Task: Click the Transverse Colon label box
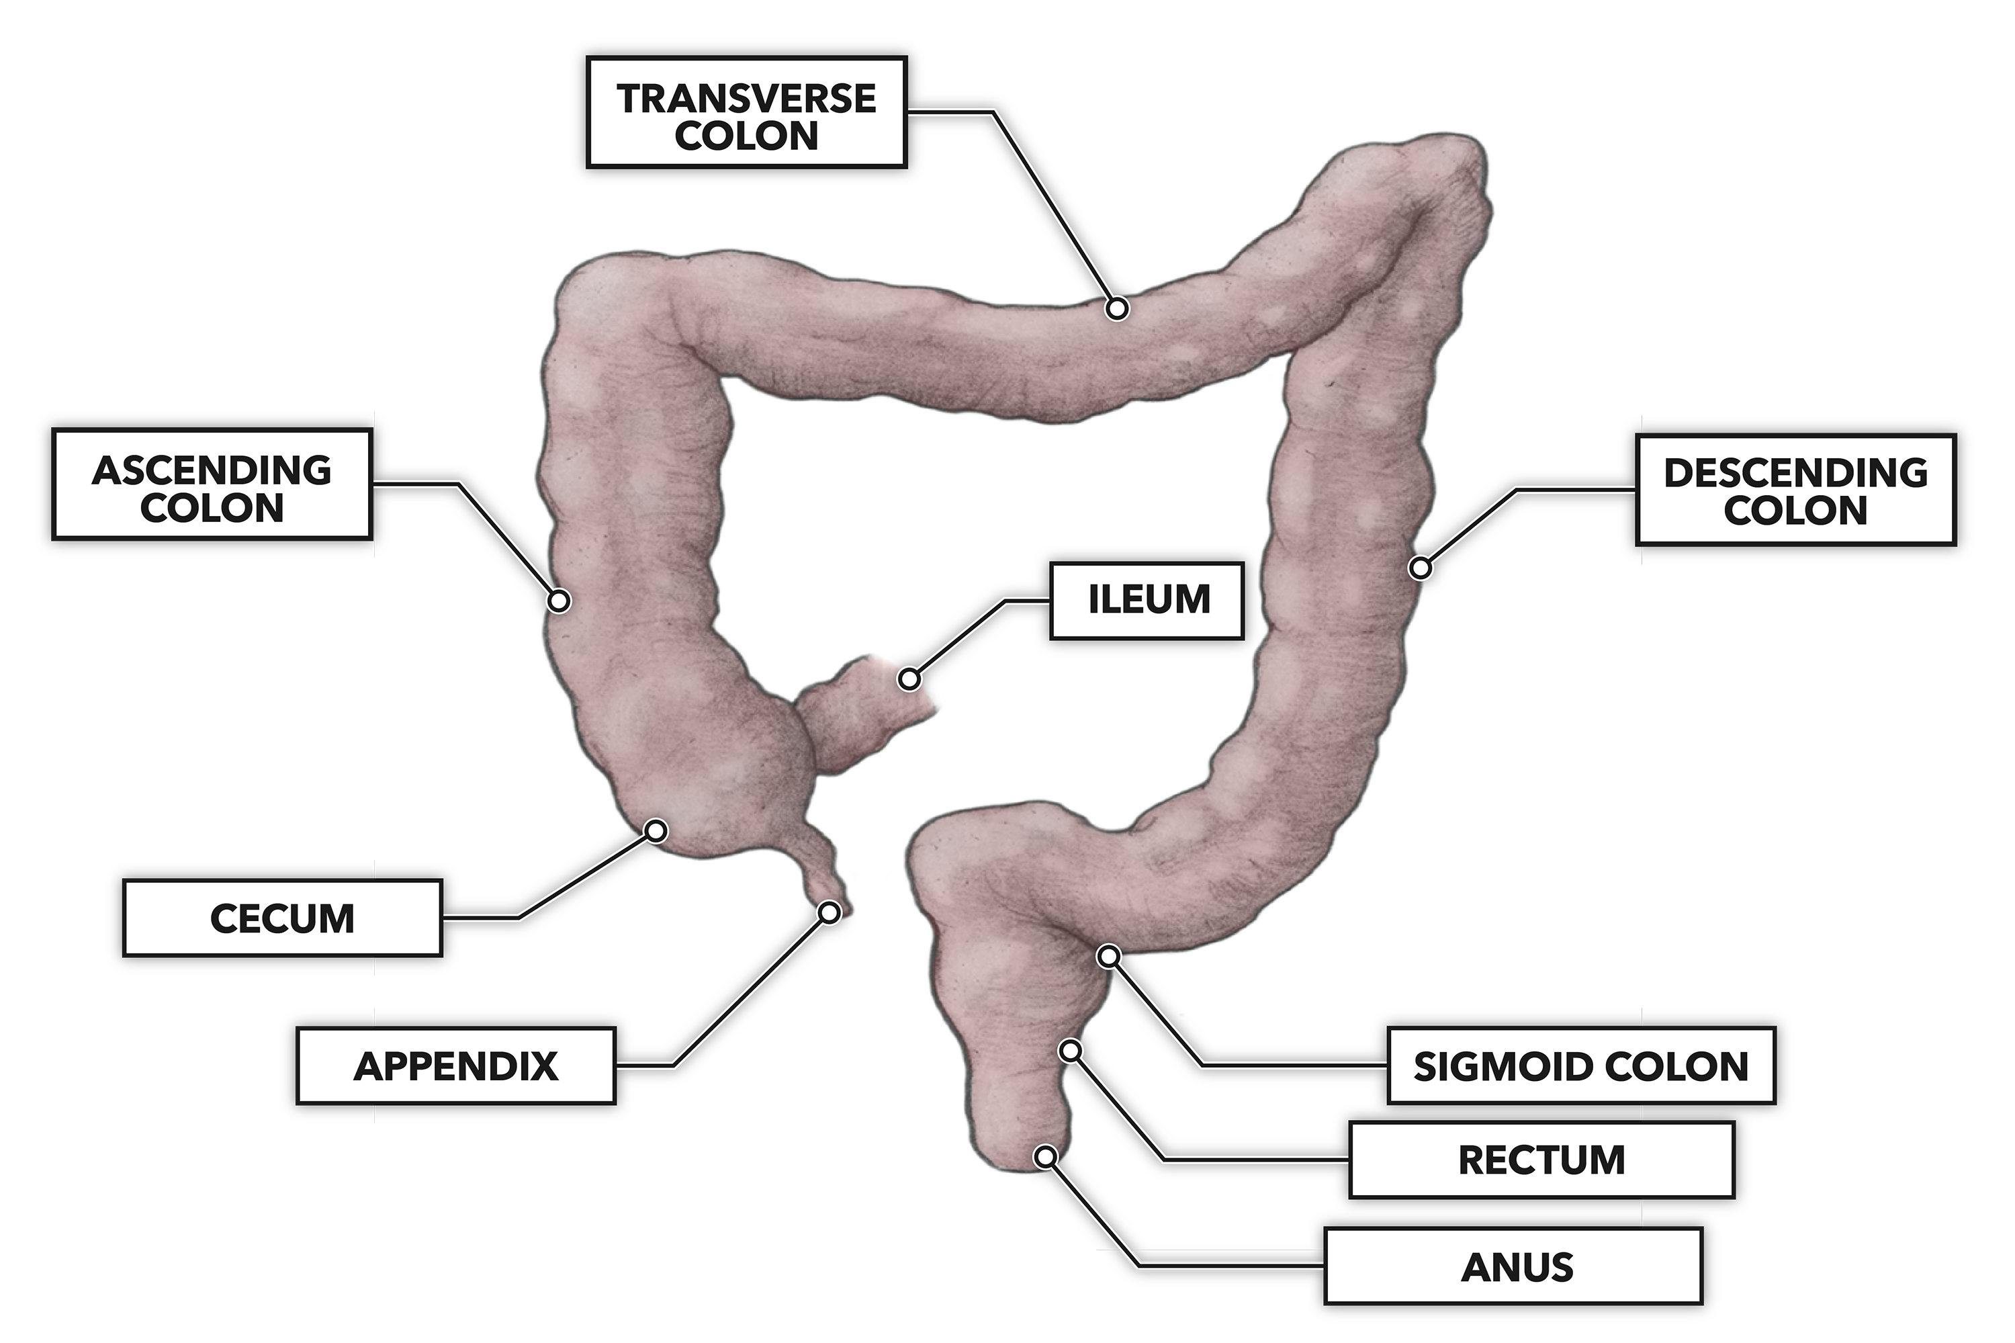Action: coord(746,112)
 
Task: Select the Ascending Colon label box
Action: coord(212,485)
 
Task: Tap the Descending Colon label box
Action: coord(1795,490)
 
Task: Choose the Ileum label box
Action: coord(1147,601)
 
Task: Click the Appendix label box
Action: coord(455,1066)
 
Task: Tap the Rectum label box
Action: coord(1541,1160)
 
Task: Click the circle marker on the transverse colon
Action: coord(1117,308)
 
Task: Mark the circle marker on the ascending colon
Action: coord(558,601)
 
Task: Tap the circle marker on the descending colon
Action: coord(1420,567)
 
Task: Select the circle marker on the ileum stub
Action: coord(909,679)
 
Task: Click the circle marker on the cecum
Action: coord(656,831)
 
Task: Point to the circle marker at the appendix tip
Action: coord(829,913)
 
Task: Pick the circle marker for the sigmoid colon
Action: coord(1109,956)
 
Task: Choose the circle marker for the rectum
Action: coord(1071,1050)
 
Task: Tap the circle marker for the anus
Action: coord(1044,1157)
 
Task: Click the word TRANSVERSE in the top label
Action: coord(746,99)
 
